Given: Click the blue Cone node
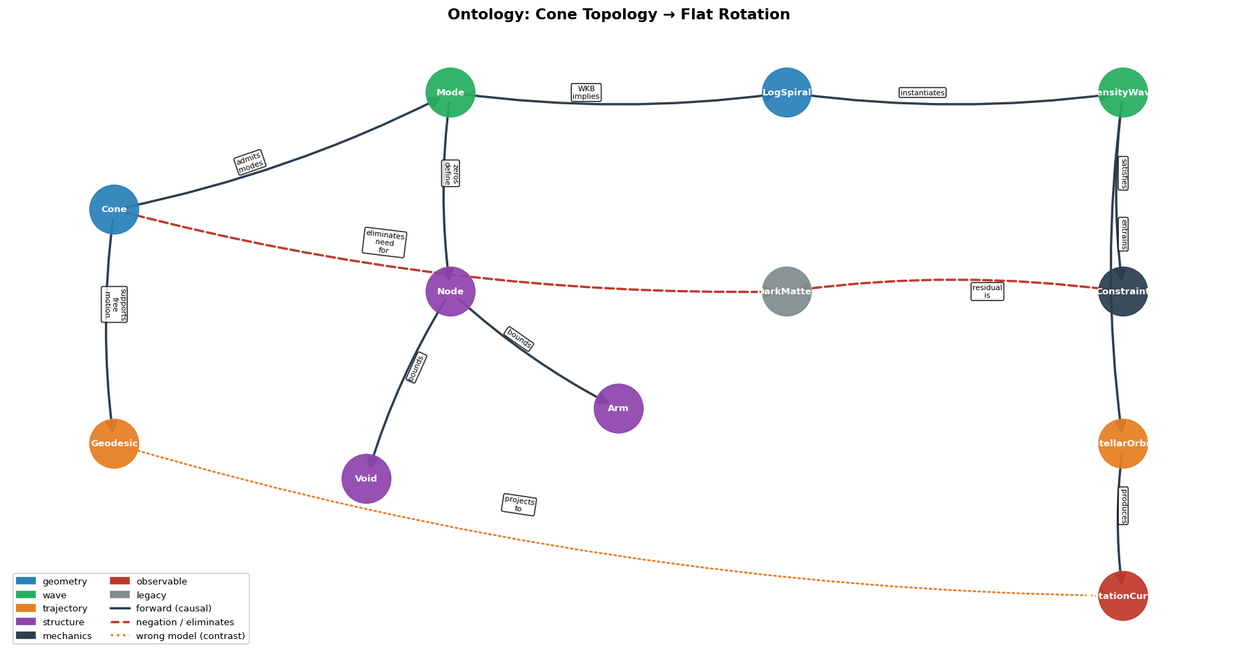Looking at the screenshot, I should [x=114, y=209].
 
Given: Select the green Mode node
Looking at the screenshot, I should [x=450, y=93].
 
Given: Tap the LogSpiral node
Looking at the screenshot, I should [x=787, y=93].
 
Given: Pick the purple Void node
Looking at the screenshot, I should [x=366, y=479].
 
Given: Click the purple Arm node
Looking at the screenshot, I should [x=618, y=408].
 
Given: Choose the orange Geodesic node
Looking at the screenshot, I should [x=114, y=444].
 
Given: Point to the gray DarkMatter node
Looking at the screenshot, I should [x=787, y=292].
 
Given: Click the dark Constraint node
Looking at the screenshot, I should [x=1122, y=292].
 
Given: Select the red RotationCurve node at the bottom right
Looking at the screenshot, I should [x=1122, y=596].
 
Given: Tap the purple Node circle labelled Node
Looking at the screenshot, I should [x=450, y=292].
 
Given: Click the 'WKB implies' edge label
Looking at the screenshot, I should [x=586, y=93].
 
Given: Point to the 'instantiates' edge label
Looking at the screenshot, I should [x=922, y=93].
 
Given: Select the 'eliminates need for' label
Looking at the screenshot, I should [x=384, y=242].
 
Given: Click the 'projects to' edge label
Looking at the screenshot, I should [x=519, y=504].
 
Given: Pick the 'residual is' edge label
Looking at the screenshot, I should [x=987, y=292].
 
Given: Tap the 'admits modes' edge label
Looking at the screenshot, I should [x=249, y=162].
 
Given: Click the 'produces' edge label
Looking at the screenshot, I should [x=1123, y=506].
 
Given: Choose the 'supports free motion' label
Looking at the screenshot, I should [x=114, y=305].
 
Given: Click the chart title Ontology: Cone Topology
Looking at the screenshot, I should [x=618, y=15].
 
